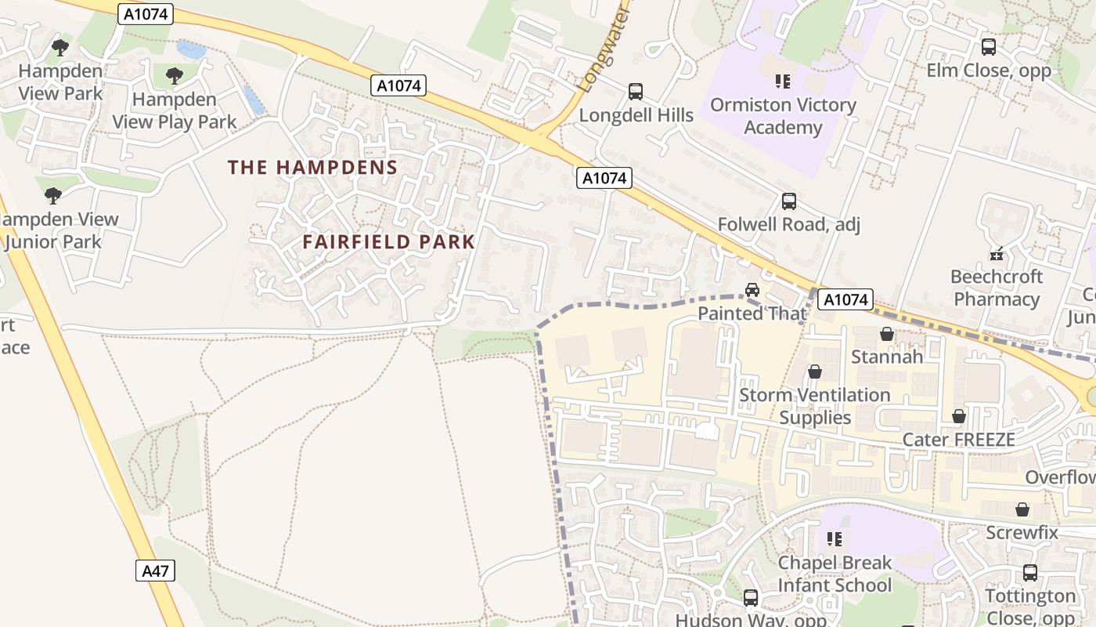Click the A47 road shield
click(154, 571)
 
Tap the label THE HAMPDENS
click(312, 167)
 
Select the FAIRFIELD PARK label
click(389, 242)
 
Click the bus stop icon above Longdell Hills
click(636, 92)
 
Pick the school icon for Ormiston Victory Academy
click(782, 81)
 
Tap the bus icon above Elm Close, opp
click(989, 47)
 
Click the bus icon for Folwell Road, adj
click(789, 201)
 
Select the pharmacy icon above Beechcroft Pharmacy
click(997, 253)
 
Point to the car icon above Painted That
click(752, 290)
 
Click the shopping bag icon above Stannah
click(887, 334)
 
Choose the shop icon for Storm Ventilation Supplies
click(815, 371)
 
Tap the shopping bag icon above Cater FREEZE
click(959, 416)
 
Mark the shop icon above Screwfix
click(1022, 509)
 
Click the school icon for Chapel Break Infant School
click(835, 539)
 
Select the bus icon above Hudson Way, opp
click(751, 598)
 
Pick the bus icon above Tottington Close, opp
click(1030, 573)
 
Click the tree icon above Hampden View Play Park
click(175, 76)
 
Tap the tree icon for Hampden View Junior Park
click(53, 196)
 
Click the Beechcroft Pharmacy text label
click(997, 288)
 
